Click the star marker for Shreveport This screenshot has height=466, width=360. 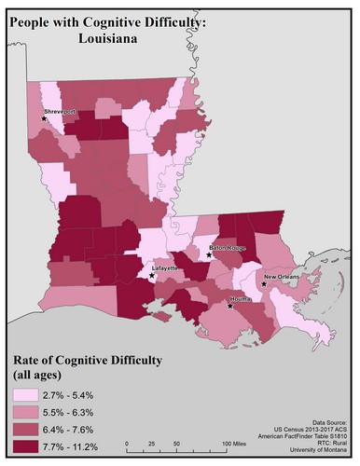coord(44,118)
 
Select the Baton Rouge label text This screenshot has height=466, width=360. coord(226,247)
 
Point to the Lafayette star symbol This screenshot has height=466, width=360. coord(152,275)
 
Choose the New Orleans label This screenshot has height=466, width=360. coord(282,278)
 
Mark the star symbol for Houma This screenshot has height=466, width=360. coord(230,305)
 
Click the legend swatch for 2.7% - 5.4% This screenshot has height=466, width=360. coord(27,394)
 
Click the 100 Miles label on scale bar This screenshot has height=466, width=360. coord(236,442)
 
